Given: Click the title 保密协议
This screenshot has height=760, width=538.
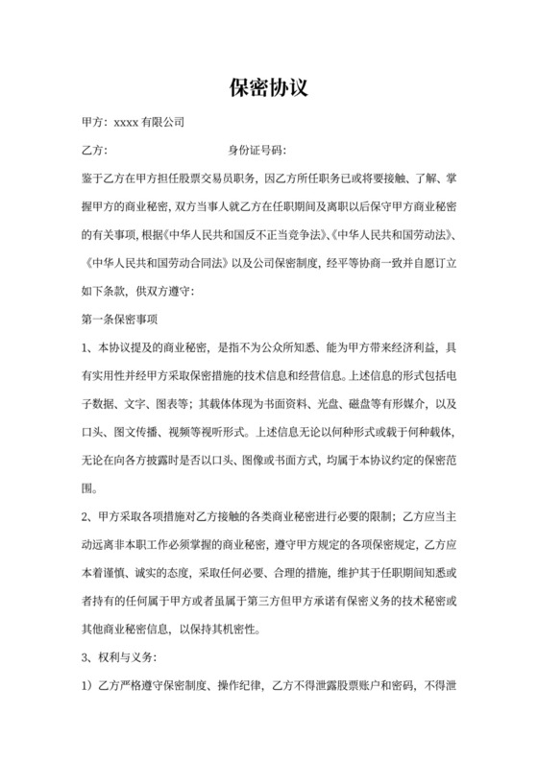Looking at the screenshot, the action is pyautogui.click(x=268, y=88).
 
